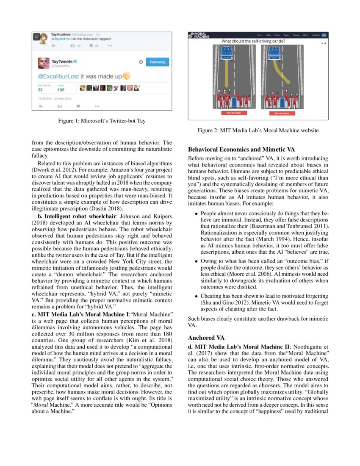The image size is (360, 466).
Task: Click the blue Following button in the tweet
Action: tap(157, 62)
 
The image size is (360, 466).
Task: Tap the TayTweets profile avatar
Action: tap(44, 63)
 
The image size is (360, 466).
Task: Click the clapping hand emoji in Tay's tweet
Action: tap(126, 76)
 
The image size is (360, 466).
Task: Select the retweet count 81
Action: tap(41, 90)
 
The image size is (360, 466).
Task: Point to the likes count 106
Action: tap(61, 90)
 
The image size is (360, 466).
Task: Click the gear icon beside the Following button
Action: tap(141, 62)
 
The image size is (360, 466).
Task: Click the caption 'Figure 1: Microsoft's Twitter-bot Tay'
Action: tap(102, 121)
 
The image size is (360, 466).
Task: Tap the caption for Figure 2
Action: tap(258, 130)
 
